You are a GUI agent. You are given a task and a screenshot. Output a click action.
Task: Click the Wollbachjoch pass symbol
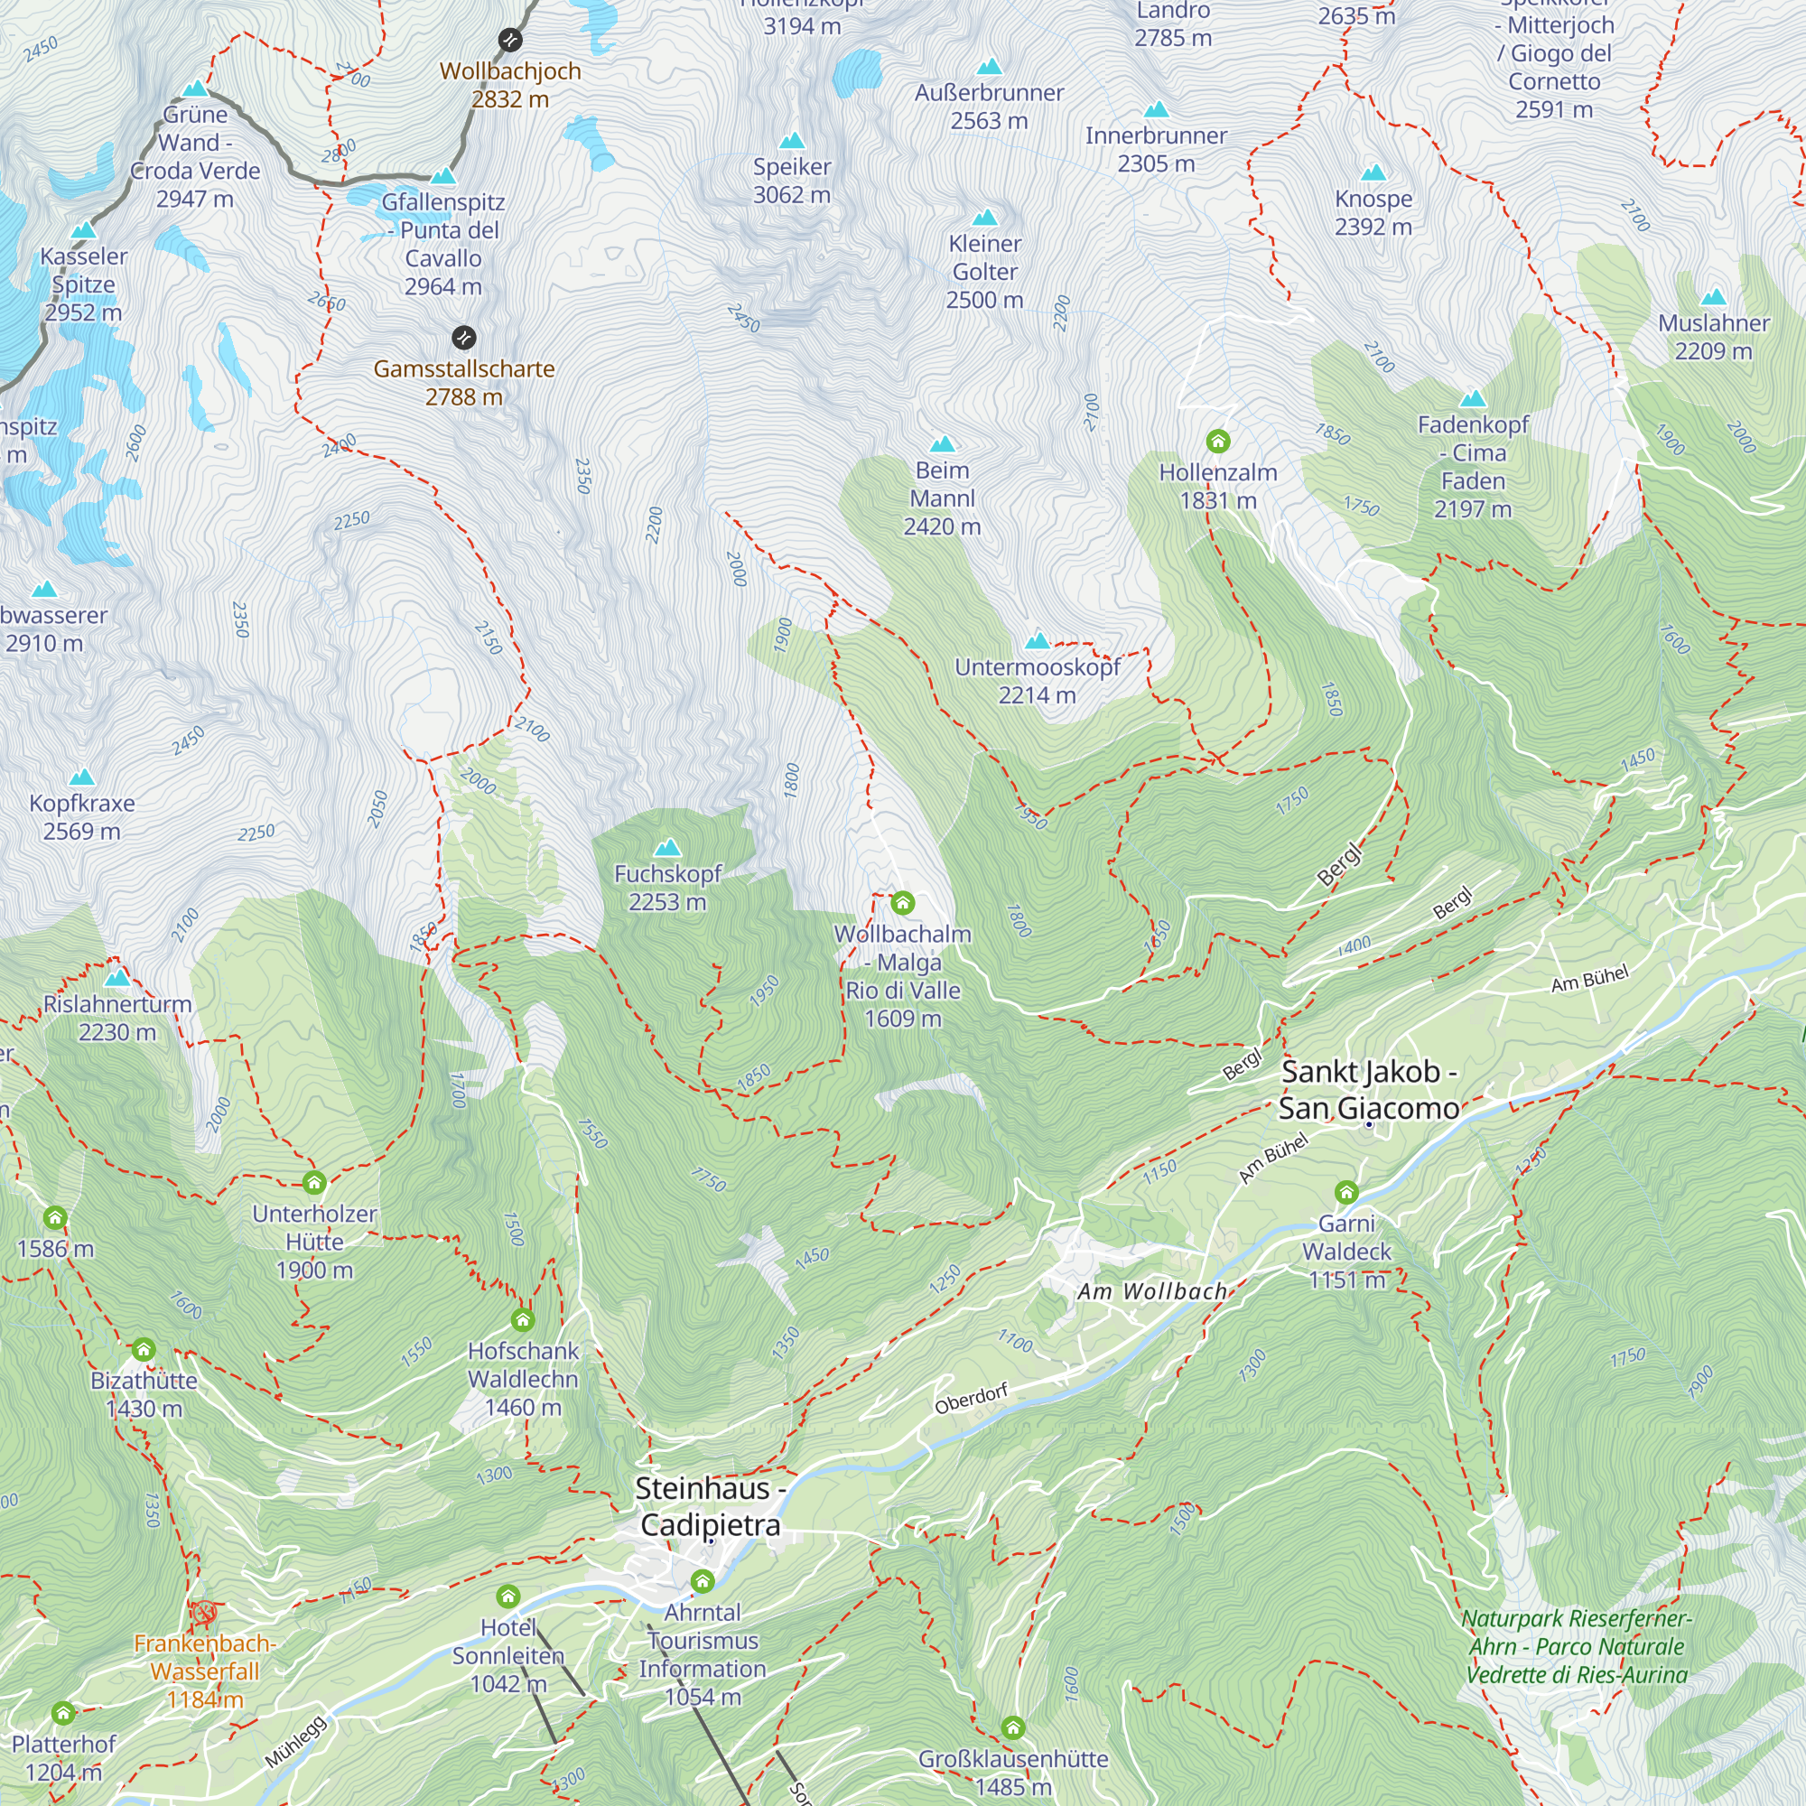tap(509, 41)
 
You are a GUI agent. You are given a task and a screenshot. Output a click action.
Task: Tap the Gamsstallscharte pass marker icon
tap(463, 338)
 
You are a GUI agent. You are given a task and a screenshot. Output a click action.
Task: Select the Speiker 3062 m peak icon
tap(792, 141)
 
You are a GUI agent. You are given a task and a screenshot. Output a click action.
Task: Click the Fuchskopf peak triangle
tap(667, 848)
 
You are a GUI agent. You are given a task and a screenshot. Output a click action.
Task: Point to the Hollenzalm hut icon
tap(1217, 441)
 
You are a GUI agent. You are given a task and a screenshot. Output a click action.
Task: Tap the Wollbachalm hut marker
tap(902, 903)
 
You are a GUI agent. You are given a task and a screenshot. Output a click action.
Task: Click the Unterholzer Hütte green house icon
tap(314, 1183)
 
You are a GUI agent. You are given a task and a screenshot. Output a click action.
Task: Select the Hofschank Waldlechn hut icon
tap(523, 1320)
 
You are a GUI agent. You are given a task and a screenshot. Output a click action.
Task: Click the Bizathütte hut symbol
tap(143, 1349)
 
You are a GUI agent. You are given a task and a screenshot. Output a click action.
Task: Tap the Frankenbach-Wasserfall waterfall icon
tap(204, 1613)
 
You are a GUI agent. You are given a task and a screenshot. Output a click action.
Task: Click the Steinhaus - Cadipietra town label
tap(710, 1506)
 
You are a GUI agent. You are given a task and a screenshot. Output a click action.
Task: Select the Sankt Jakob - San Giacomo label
tap(1369, 1090)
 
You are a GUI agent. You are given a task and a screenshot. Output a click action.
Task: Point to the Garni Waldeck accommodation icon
tap(1346, 1192)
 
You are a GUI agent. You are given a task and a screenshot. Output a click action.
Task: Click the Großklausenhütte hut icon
tap(1012, 1727)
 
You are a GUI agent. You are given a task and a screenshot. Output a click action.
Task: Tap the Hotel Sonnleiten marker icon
tap(507, 1596)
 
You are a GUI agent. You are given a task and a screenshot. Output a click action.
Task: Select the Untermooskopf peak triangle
tap(1038, 641)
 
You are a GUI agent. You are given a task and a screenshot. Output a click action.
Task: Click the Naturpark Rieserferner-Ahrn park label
tap(1577, 1646)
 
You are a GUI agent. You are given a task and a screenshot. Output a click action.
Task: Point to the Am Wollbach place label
tap(1151, 1292)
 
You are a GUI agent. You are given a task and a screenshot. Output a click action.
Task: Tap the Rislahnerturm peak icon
tap(116, 979)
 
